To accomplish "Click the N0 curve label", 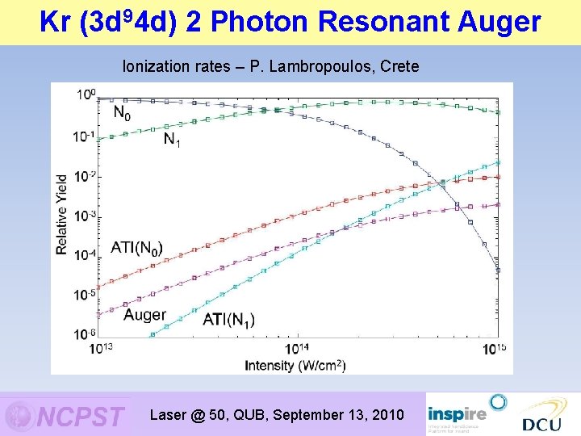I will [x=121, y=113].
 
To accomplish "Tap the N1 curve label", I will [x=173, y=140].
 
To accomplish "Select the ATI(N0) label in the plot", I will [x=136, y=247].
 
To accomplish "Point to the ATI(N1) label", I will [x=228, y=320].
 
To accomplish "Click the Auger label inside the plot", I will [x=145, y=314].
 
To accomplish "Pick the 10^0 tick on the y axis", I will [x=86, y=95].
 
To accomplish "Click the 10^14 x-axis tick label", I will [x=297, y=348].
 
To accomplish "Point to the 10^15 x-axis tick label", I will [x=495, y=348].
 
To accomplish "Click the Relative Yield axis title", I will [x=62, y=215].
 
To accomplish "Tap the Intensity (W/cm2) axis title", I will [x=295, y=365].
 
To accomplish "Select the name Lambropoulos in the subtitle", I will [x=318, y=66].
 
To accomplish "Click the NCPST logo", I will [x=66, y=416].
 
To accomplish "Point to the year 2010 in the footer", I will [x=386, y=415].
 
